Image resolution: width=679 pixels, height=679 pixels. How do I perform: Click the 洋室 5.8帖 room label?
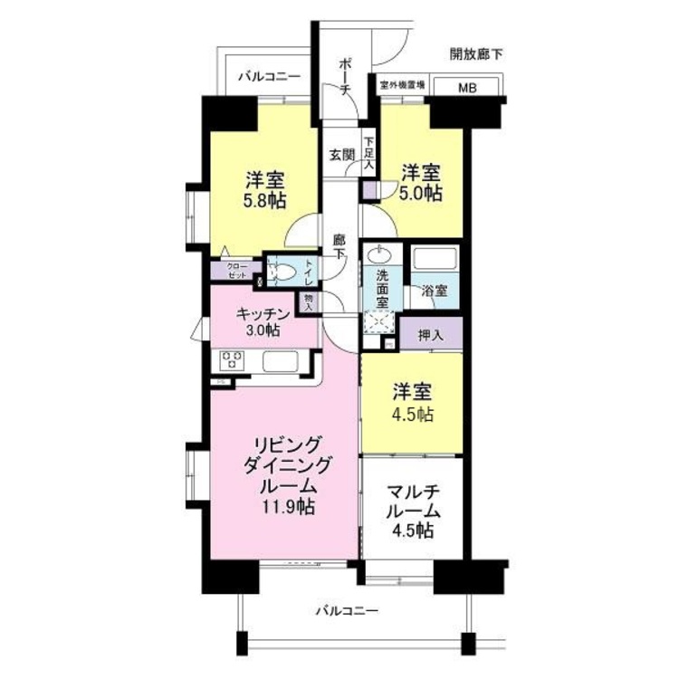pyautogui.click(x=263, y=185)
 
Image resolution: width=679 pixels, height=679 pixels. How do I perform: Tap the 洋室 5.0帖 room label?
pyautogui.click(x=422, y=182)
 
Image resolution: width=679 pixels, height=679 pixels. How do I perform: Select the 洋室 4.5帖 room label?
pyautogui.click(x=412, y=404)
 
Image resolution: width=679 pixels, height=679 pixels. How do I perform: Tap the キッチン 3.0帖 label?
pyautogui.click(x=263, y=321)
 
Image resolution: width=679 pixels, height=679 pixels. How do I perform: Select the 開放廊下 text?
pyautogui.click(x=476, y=54)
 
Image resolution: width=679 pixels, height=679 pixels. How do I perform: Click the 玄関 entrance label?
pyautogui.click(x=341, y=154)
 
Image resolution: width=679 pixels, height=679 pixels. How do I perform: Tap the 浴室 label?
pyautogui.click(x=435, y=291)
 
